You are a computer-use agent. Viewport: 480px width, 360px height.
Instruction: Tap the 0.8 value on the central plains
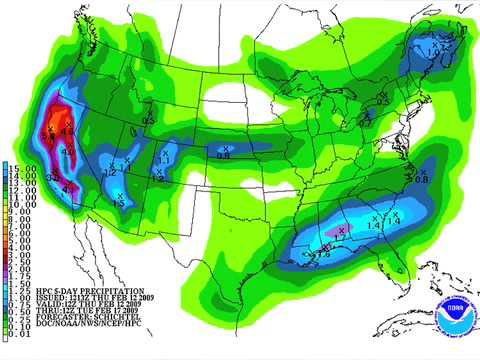(x=222, y=155)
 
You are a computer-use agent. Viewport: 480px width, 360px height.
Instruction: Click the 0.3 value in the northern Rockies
(x=148, y=121)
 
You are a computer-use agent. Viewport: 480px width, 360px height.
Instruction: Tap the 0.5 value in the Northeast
(x=383, y=101)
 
